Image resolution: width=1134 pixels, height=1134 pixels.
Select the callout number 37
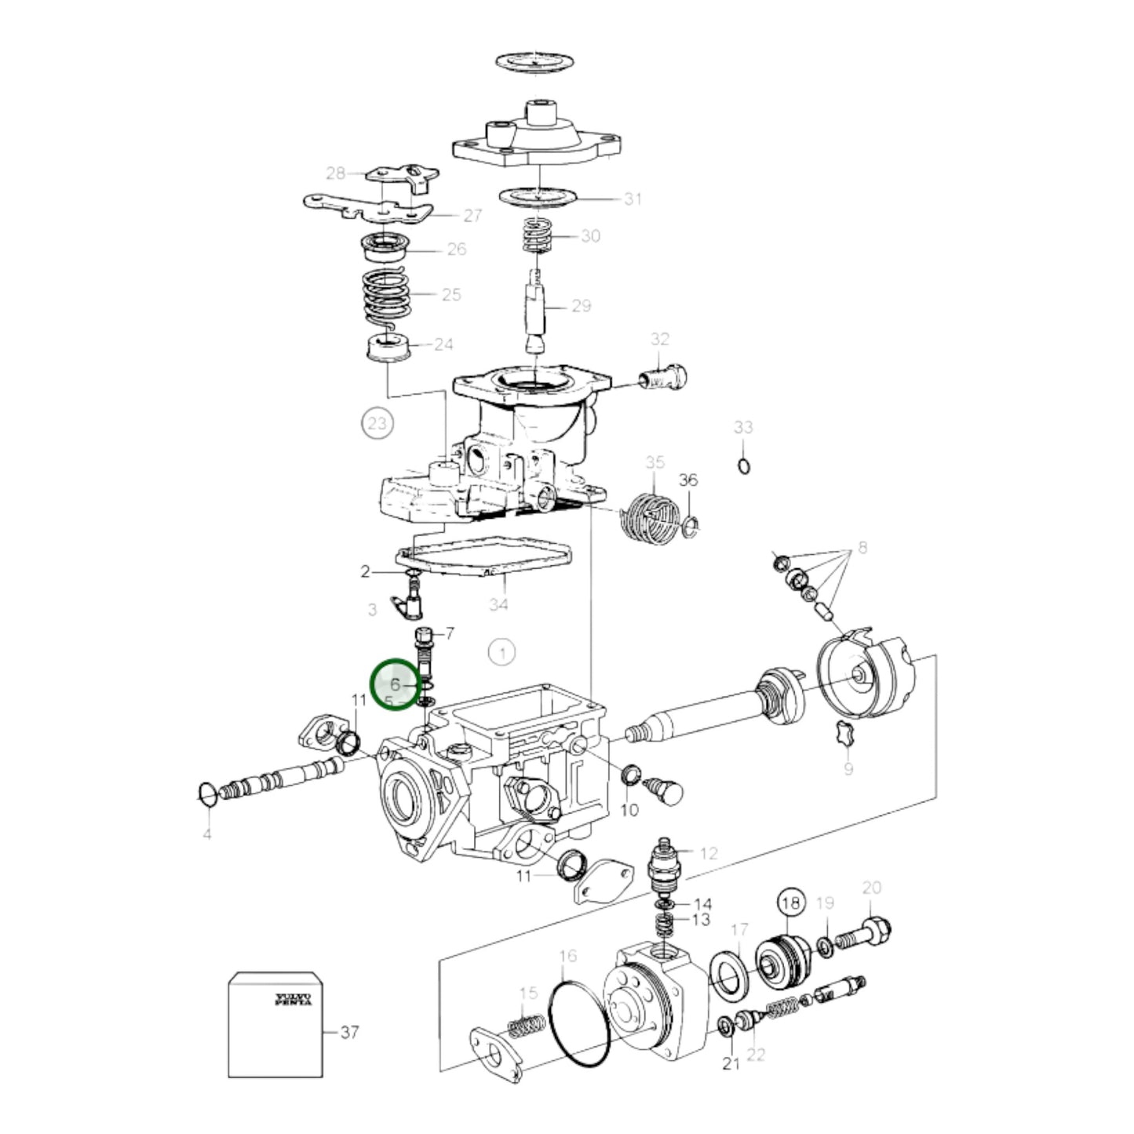point(349,1031)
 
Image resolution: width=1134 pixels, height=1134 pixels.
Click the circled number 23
point(377,424)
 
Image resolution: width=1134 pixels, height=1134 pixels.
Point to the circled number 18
point(791,903)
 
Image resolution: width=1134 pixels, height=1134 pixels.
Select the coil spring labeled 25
point(386,296)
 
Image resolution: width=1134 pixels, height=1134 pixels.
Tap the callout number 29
point(581,306)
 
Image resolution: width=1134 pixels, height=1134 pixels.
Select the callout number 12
point(709,853)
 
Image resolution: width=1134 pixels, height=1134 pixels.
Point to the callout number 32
point(660,339)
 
